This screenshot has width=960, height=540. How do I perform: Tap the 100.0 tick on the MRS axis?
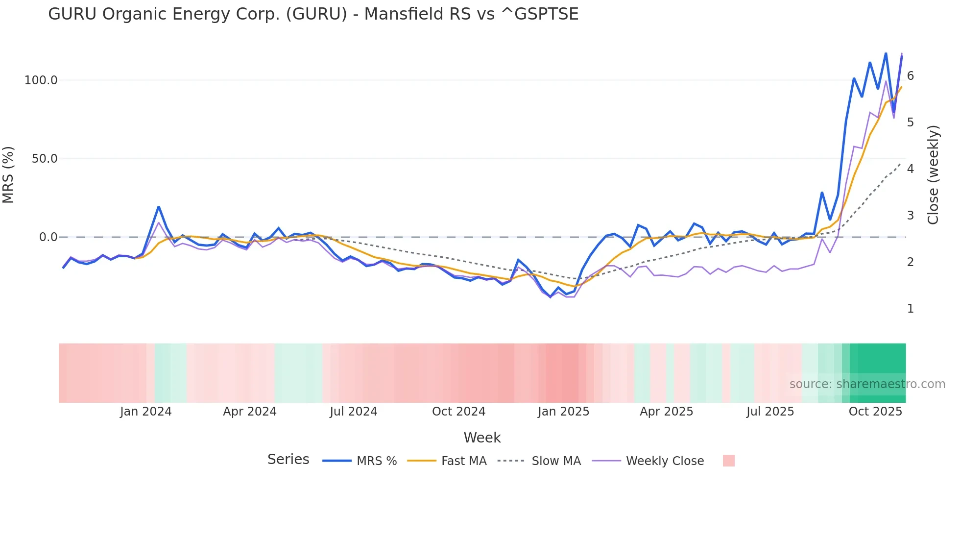click(x=41, y=80)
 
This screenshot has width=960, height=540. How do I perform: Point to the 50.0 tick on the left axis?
click(x=44, y=159)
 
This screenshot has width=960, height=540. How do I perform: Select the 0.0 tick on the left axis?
click(x=48, y=237)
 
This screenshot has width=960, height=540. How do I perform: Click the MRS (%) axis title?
click(x=8, y=175)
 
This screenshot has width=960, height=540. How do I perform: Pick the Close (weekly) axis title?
click(x=934, y=175)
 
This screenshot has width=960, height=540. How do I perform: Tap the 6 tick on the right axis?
click(x=911, y=75)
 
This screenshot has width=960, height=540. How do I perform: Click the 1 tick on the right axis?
click(x=911, y=309)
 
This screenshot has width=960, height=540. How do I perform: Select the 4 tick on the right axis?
click(x=911, y=169)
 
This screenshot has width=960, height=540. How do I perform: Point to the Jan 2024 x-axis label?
click(x=145, y=412)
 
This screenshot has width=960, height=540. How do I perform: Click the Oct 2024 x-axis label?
click(x=458, y=412)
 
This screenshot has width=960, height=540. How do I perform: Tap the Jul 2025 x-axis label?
click(x=770, y=412)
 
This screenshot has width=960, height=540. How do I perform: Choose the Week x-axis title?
click(x=482, y=438)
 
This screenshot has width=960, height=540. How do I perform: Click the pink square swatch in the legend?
click(x=728, y=461)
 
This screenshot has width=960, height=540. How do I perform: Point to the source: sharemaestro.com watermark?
click(x=867, y=384)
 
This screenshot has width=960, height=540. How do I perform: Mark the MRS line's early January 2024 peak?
click(x=159, y=207)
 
